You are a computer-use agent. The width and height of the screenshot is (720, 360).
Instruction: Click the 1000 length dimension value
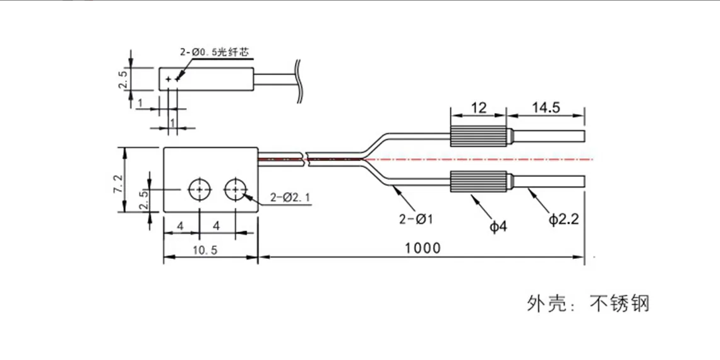423,248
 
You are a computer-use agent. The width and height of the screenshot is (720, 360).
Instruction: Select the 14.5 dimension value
546,107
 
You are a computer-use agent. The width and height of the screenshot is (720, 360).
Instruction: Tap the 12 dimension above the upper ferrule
478,107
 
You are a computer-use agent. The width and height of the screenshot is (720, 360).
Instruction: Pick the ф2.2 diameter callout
563,220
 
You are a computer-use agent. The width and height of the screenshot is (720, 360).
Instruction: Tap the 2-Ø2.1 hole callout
290,198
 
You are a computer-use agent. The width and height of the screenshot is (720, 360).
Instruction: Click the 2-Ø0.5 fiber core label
208,54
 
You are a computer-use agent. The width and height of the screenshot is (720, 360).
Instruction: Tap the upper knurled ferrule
478,136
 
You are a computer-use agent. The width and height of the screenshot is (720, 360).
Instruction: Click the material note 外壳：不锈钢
588,304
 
